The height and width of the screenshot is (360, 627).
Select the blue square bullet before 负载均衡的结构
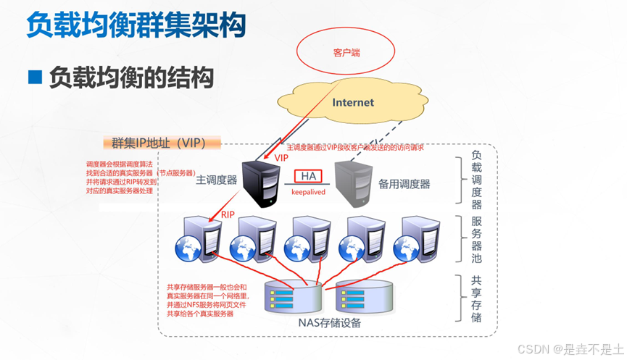pos(33,77)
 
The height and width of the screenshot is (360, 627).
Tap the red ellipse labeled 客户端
pos(347,52)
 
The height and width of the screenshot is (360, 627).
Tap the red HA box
pos(308,176)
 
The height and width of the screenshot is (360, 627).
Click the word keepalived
pos(308,193)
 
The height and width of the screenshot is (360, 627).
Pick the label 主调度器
pos(216,180)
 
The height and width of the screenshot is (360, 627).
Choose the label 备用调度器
pos(404,184)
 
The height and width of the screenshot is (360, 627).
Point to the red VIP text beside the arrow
pos(281,157)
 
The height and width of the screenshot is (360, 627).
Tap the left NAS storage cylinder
pos(291,298)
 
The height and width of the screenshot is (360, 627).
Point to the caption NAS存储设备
pos(330,324)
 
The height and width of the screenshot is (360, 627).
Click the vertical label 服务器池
pos(476,239)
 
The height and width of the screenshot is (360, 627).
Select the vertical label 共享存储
pos(476,298)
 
